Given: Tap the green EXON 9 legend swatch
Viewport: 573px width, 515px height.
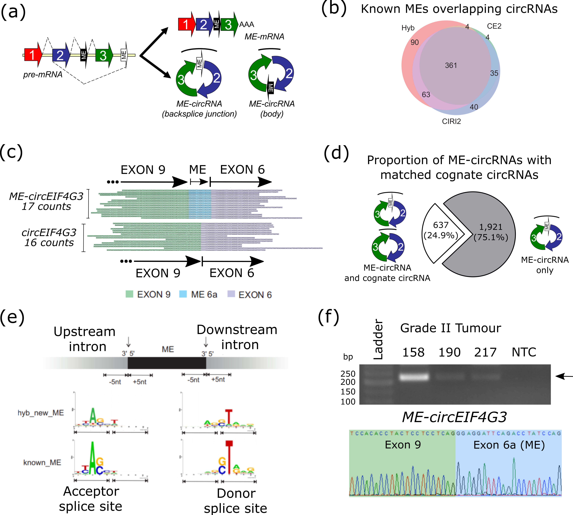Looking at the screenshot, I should [129, 294].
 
